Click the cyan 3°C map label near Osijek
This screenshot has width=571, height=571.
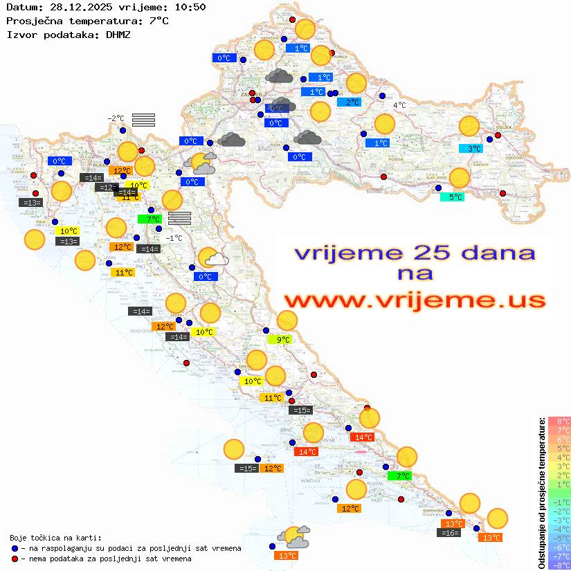(473, 148)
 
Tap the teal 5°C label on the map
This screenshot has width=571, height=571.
(453, 197)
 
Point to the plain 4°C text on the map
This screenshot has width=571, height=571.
(399, 105)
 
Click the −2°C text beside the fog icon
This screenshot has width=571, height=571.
(116, 118)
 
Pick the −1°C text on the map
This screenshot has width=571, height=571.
(174, 237)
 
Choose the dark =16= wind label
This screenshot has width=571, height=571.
(449, 532)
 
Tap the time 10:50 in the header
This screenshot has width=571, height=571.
(190, 7)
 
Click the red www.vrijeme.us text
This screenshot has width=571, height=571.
(415, 300)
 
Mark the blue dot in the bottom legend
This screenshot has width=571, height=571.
(15, 548)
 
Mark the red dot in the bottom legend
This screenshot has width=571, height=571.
(15, 558)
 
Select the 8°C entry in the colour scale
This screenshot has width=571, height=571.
(559, 422)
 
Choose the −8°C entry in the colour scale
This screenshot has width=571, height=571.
(559, 565)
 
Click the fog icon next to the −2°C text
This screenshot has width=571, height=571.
(143, 120)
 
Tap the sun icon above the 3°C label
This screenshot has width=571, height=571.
(469, 127)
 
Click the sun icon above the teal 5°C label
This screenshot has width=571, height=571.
(459, 178)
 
